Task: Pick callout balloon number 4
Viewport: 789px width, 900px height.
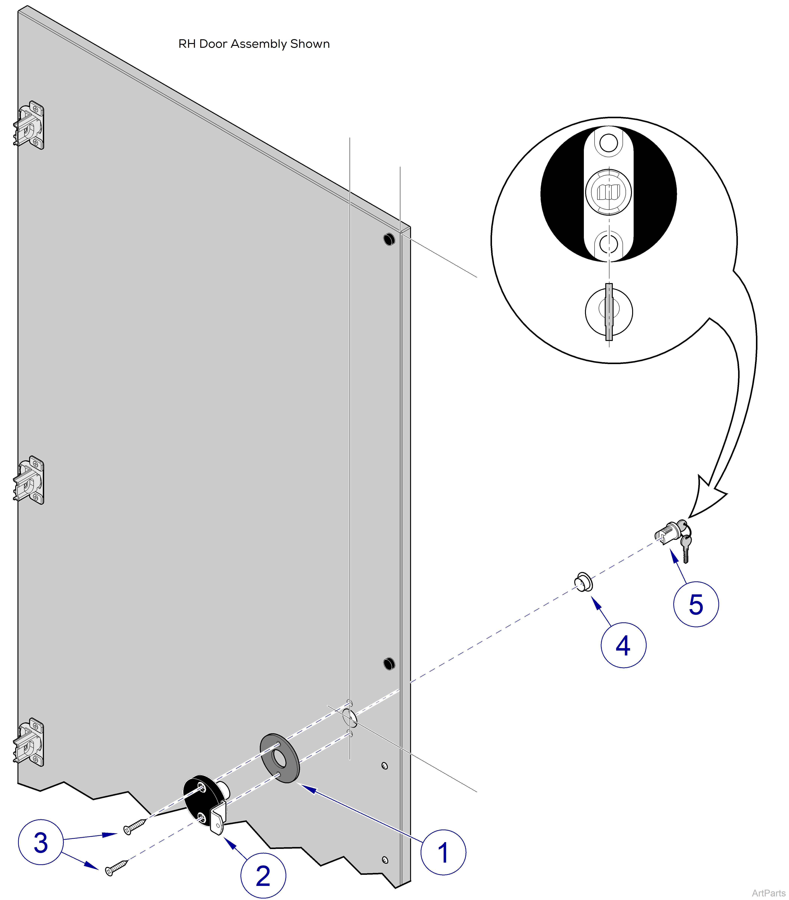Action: point(623,645)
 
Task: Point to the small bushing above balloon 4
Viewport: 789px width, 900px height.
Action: point(583,582)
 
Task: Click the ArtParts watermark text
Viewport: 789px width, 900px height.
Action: point(768,892)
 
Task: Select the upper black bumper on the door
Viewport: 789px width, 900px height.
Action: point(389,239)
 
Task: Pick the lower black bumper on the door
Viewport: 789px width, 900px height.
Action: point(389,664)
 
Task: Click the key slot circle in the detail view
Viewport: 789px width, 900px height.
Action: point(609,311)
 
